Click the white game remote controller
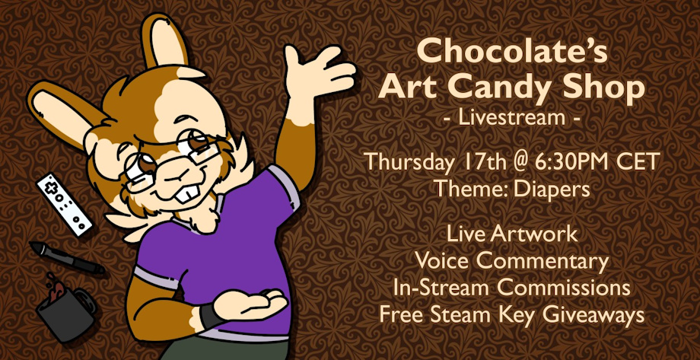(x=64, y=204)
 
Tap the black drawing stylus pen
(x=67, y=257)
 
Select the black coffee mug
(x=66, y=310)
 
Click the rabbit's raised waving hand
(x=318, y=72)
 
